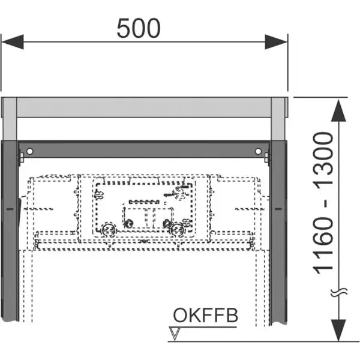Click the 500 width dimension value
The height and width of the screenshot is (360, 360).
[139, 28]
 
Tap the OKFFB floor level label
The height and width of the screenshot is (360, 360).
[206, 315]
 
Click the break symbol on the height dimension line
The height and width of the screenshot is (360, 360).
[339, 292]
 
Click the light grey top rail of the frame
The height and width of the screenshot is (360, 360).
[144, 107]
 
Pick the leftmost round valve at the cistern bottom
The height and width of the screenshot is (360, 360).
[109, 228]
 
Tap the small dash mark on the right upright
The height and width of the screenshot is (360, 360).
[277, 209]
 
